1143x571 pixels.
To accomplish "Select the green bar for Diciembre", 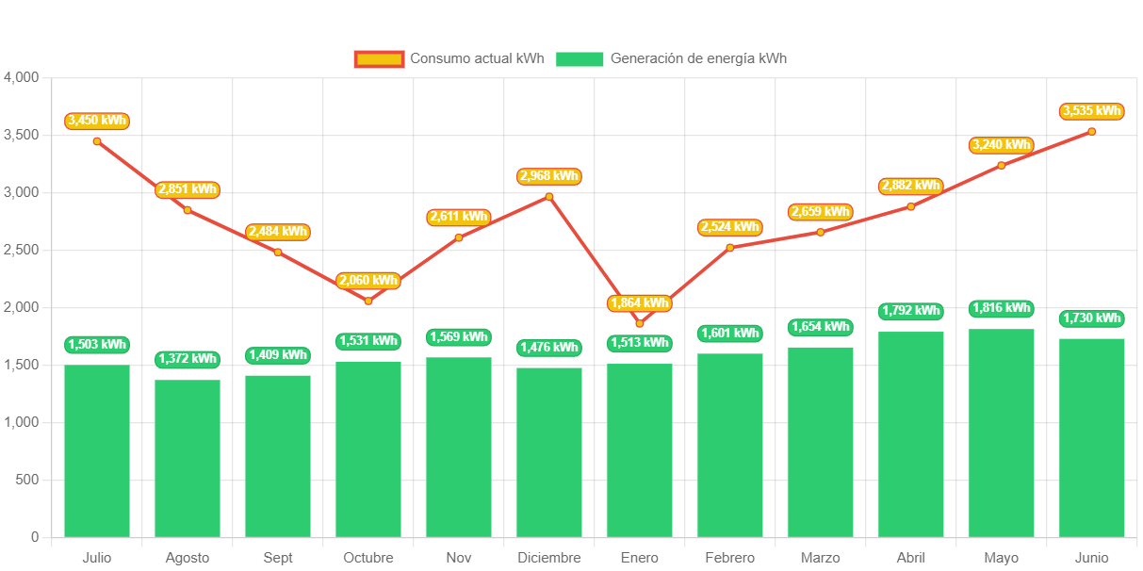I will [549, 452].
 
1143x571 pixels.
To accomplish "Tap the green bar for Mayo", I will [1002, 432].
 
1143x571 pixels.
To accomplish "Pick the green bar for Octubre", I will [368, 449].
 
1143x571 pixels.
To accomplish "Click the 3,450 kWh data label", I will [97, 121].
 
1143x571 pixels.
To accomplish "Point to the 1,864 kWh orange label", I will [640, 303].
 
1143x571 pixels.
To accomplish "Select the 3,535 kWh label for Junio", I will [1092, 111].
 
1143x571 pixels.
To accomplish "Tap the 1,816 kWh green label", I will [1002, 308].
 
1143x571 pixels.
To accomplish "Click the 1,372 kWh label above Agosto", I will [188, 359].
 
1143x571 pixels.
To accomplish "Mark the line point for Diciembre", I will [549, 196].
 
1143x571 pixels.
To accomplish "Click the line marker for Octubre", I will [368, 301].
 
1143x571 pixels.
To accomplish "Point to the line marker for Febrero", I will [730, 247].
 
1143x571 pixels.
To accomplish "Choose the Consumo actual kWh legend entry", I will [449, 58].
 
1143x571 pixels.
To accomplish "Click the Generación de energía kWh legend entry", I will [671, 58].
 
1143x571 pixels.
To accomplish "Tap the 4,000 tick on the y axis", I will [21, 76].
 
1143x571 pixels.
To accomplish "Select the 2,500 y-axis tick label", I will [21, 250].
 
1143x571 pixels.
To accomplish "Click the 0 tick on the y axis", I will [34, 537].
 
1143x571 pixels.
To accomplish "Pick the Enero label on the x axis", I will [640, 558].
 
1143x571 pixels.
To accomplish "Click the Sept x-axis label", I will [278, 558].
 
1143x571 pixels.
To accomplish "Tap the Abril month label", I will [911, 558].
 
